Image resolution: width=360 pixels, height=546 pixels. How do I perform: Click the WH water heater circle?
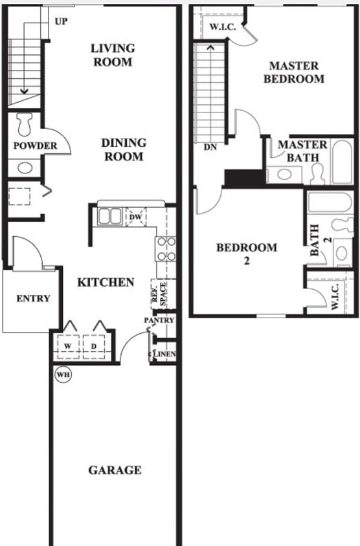63,374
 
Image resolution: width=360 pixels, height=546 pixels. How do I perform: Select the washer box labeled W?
67,347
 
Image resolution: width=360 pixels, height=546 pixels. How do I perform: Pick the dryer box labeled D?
95,347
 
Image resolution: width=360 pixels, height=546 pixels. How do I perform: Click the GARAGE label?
115,470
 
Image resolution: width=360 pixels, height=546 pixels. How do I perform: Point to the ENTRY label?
33,298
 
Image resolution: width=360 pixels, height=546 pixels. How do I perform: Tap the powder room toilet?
25,124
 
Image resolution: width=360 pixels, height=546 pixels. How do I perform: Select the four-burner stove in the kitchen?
166,248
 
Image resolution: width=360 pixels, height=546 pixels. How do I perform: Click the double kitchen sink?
109,216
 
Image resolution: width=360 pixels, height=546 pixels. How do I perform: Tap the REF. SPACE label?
159,293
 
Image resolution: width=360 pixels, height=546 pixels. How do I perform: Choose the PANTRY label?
159,320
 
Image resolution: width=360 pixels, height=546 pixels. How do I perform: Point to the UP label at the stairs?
61,22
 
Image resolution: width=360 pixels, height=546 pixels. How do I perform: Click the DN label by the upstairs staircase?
210,147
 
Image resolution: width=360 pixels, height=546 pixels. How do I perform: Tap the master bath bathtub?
342,162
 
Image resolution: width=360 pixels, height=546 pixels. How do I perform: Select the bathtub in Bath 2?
330,202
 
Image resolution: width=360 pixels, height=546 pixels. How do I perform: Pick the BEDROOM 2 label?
247,254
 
